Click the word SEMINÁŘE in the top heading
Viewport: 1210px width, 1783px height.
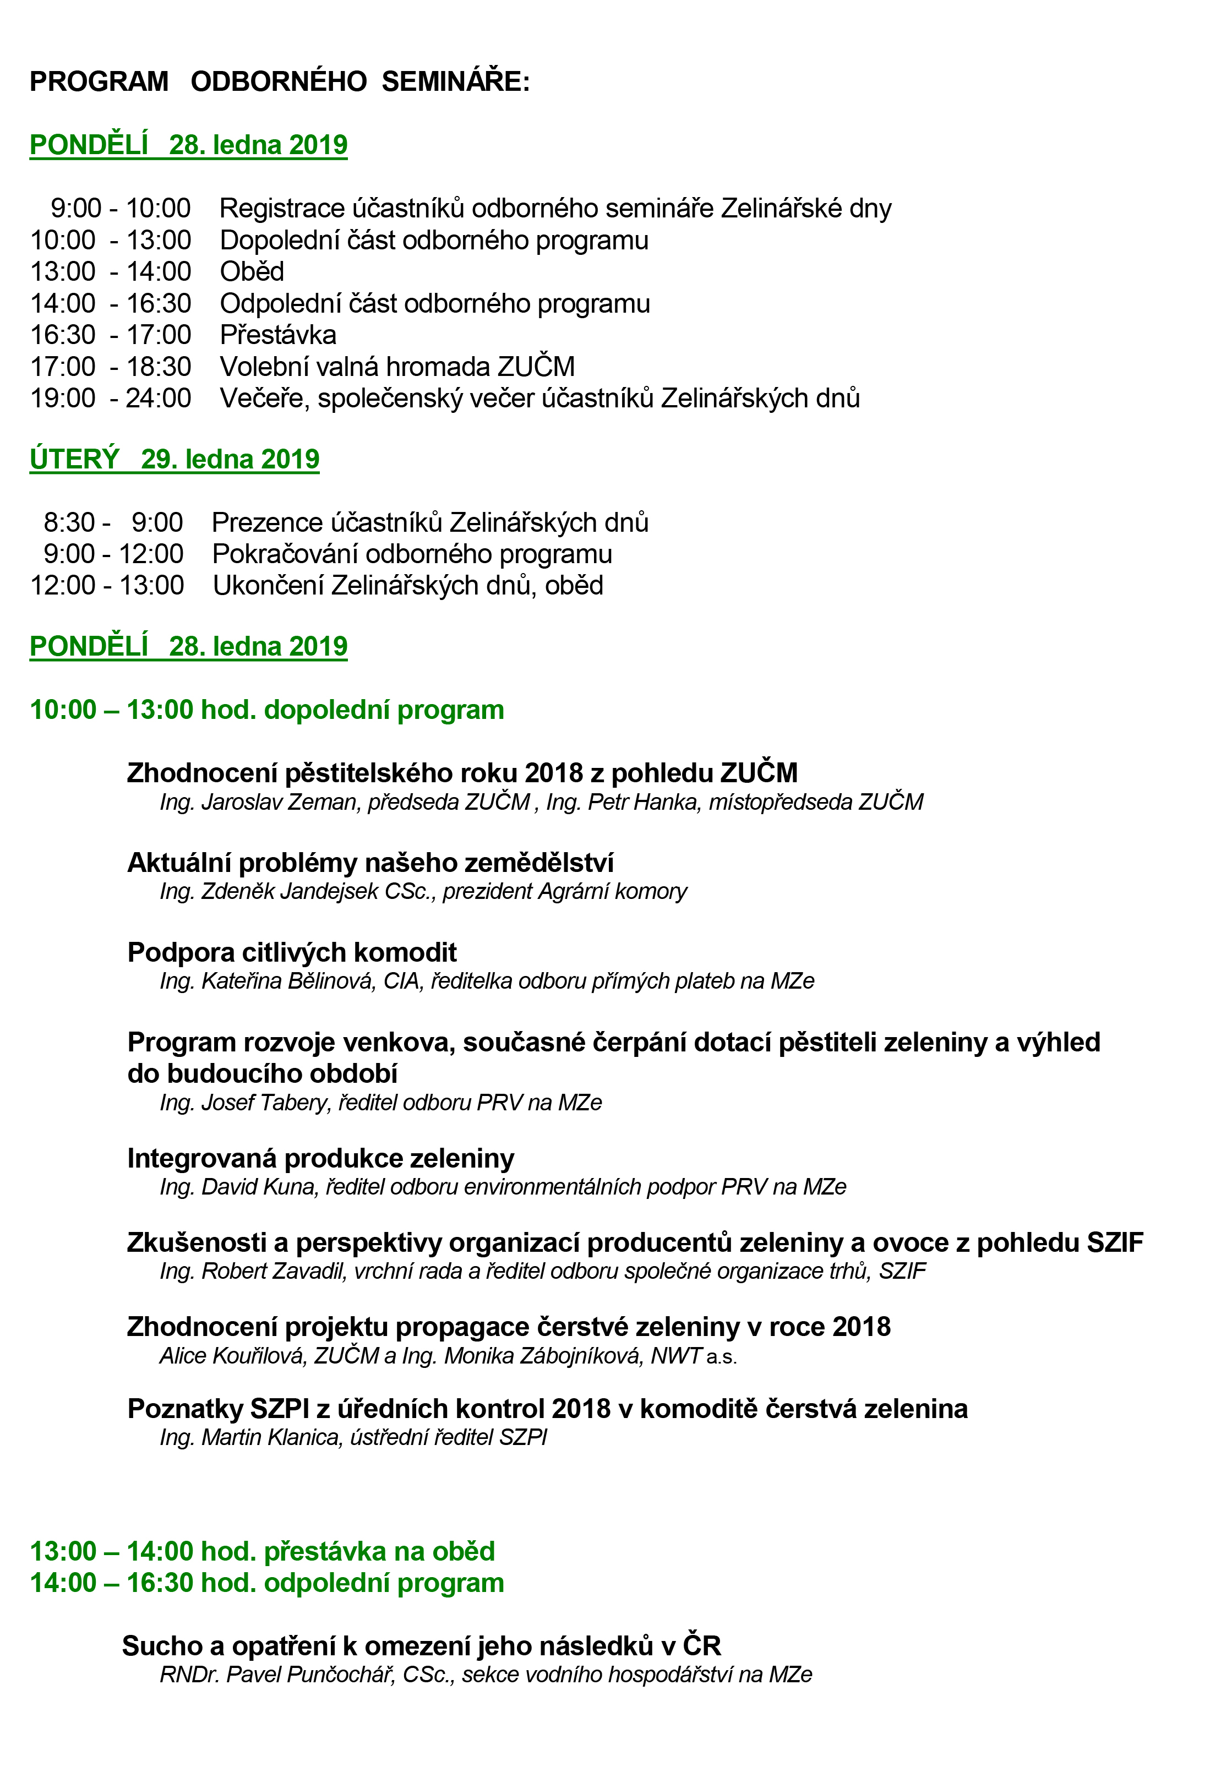tap(455, 81)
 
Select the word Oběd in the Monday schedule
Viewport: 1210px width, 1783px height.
tap(252, 271)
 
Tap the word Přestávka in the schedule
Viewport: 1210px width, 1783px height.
tap(278, 335)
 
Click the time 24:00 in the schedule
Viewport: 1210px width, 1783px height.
tap(159, 398)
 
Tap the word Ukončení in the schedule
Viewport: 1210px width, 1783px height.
tap(268, 585)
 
